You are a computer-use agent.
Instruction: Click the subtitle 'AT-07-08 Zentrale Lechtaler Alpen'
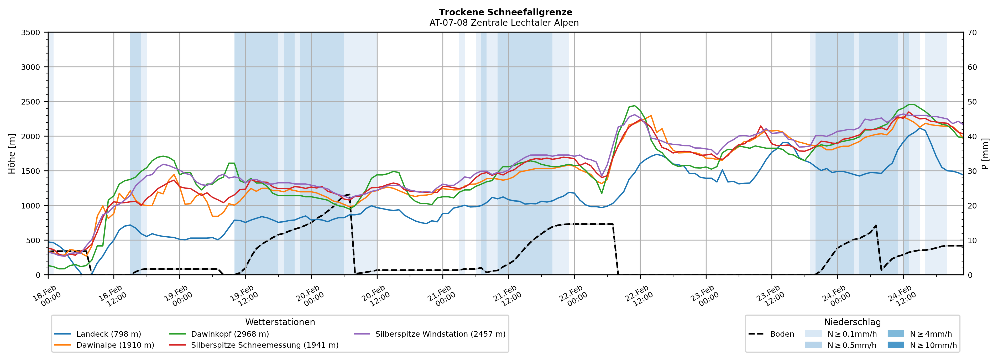pyautogui.click(x=504, y=23)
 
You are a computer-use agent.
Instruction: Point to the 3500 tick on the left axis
pyautogui.click(x=31, y=33)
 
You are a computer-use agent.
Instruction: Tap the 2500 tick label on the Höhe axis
pyautogui.click(x=31, y=102)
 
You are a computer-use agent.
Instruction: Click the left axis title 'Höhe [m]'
pyautogui.click(x=12, y=154)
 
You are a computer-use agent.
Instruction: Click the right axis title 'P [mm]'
pyautogui.click(x=985, y=154)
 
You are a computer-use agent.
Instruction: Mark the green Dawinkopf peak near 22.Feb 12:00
pyautogui.click(x=634, y=105)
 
